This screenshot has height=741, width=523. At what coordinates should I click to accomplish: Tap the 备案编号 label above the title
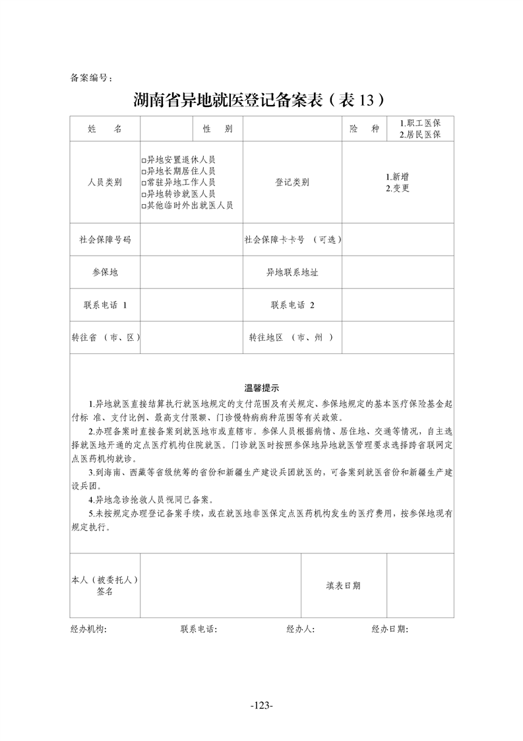[x=91, y=78]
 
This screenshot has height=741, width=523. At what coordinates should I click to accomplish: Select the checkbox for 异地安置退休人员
[x=144, y=160]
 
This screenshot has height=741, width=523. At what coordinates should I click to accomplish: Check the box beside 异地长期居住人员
[x=144, y=172]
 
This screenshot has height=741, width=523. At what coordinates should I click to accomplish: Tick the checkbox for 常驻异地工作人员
[x=144, y=183]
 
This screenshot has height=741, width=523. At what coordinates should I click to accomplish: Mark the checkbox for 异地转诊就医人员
[x=144, y=194]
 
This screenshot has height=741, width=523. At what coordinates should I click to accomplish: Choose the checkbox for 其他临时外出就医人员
[x=144, y=205]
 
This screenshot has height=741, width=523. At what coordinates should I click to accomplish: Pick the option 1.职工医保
[x=420, y=123]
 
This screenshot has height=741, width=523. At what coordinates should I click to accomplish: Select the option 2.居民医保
[x=420, y=135]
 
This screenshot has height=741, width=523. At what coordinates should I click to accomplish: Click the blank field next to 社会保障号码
[x=191, y=240]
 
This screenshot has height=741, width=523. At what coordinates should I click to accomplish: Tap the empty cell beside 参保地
[x=191, y=272]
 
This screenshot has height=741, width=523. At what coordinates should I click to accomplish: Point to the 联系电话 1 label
[x=104, y=305]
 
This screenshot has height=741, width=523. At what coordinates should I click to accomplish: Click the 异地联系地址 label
[x=292, y=272]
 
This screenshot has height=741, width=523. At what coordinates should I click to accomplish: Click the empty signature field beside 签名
[x=220, y=586]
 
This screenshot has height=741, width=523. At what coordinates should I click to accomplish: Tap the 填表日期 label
[x=343, y=586]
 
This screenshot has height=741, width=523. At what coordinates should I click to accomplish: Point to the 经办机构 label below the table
[x=88, y=629]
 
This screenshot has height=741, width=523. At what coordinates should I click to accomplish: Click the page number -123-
[x=262, y=705]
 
